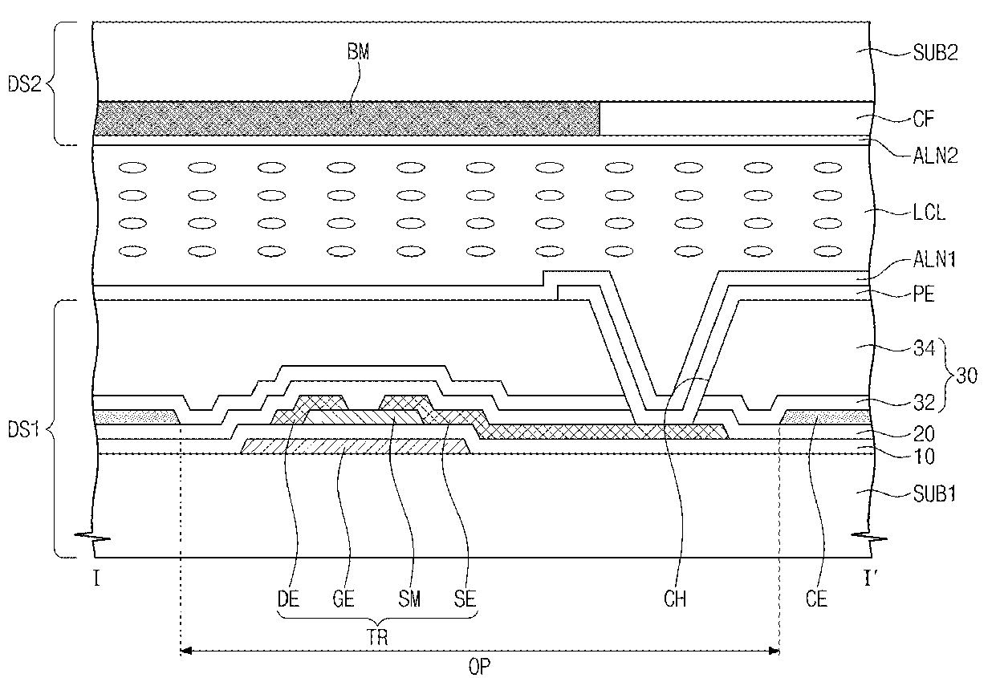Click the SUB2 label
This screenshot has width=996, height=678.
click(x=935, y=52)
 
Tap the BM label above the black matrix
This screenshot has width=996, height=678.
click(x=358, y=51)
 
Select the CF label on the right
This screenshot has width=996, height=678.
click(x=924, y=119)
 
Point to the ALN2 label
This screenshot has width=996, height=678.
click(x=935, y=156)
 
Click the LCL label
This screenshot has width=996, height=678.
click(x=929, y=213)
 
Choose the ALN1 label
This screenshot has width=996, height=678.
click(x=934, y=259)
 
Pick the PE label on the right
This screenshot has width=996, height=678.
click(x=924, y=294)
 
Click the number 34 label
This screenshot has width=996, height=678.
click(x=925, y=347)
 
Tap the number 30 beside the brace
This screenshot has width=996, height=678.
click(x=966, y=376)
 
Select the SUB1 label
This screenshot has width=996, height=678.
click(x=934, y=493)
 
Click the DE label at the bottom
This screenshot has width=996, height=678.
click(x=288, y=599)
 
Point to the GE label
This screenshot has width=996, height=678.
click(x=344, y=599)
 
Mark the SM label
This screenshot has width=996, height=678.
click(x=409, y=599)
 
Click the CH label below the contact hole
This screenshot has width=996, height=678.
click(x=675, y=599)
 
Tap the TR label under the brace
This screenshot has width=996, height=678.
click(x=377, y=638)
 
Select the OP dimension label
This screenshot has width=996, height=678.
click(x=479, y=667)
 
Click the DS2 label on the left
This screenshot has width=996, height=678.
click(x=24, y=83)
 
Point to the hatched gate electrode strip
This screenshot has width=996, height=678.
click(x=356, y=446)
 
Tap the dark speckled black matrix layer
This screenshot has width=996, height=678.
click(x=347, y=118)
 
